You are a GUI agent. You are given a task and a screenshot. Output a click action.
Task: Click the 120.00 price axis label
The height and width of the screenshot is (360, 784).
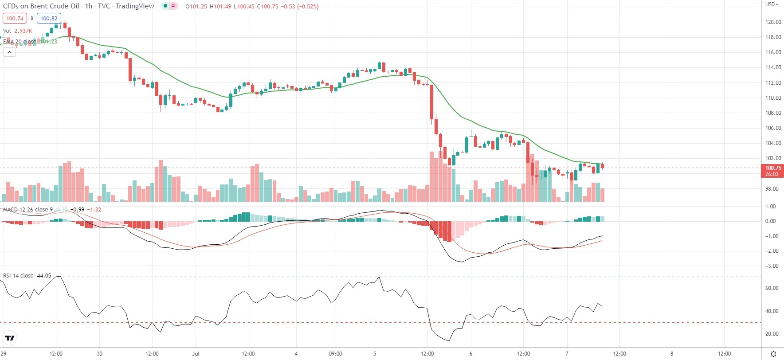point(773,22)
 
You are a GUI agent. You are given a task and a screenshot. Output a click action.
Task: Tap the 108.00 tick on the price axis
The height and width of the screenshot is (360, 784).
point(773,113)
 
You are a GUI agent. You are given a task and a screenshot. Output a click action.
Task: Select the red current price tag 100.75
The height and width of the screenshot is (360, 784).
point(772,168)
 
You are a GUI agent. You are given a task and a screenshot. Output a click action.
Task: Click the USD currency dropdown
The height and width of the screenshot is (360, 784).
point(772,4)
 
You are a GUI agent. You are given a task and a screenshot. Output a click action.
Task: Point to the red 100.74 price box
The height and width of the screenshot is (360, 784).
point(15,19)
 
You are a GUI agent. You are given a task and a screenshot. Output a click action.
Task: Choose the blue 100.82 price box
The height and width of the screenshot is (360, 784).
point(49,19)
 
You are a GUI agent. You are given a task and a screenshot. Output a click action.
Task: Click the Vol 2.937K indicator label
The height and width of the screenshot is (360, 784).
point(17,31)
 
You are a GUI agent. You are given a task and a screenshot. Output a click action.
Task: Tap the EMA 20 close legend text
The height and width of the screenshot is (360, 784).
point(20,42)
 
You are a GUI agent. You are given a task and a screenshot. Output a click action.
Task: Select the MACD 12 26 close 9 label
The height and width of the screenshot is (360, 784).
point(27,210)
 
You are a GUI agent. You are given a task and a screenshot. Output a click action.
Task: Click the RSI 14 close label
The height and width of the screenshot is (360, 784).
point(18,276)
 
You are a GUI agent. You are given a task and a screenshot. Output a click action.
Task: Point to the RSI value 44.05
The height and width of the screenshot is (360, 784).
point(44,276)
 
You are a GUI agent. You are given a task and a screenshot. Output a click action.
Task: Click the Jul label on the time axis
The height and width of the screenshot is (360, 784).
point(196,354)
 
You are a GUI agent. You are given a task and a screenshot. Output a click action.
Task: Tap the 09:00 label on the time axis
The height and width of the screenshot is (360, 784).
point(335,354)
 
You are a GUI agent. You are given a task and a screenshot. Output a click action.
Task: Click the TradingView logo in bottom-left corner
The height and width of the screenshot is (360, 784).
point(9,338)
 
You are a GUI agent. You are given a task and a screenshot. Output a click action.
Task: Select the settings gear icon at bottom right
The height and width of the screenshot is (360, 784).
point(773,354)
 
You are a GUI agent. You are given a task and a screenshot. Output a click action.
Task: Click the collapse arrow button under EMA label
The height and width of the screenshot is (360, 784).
point(9,52)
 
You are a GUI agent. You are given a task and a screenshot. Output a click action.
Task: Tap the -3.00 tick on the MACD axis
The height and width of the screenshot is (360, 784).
point(771,266)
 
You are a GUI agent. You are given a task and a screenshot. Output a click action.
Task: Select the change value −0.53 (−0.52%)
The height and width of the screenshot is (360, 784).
point(299,7)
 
